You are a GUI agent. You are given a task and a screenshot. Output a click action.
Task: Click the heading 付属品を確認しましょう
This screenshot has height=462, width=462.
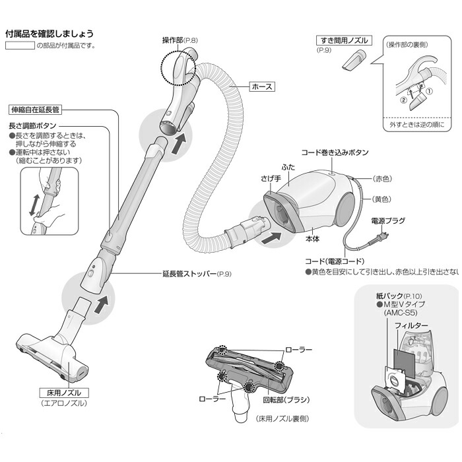[x=49, y=33]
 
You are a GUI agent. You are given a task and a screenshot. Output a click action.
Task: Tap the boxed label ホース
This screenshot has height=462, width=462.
[x=261, y=86]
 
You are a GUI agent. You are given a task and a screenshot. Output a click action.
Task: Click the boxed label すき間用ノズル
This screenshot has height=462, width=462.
[x=343, y=40]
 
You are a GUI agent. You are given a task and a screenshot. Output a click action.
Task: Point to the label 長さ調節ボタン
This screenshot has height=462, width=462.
[x=33, y=125]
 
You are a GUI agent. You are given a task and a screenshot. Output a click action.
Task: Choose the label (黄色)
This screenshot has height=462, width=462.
[x=382, y=199]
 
